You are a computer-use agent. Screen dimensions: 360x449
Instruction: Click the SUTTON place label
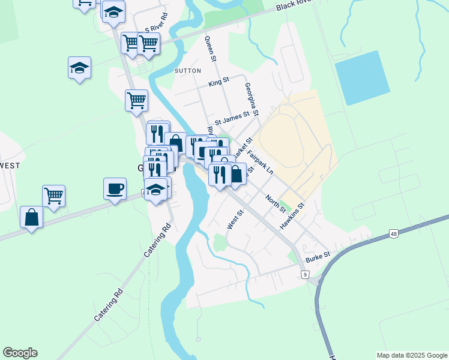click(x=187, y=70)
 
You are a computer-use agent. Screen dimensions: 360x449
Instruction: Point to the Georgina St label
click(x=252, y=99)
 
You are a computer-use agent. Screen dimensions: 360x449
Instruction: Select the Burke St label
click(x=318, y=256)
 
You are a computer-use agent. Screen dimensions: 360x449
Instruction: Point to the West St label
click(x=235, y=219)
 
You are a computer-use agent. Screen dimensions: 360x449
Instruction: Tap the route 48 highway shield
click(x=394, y=233)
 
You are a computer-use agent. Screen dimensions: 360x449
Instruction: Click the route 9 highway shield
click(x=305, y=274)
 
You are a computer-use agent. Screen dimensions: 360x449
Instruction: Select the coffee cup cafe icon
click(x=115, y=188)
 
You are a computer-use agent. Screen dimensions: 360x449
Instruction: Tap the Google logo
click(x=20, y=353)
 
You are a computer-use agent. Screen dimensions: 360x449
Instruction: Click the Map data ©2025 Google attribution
click(x=412, y=355)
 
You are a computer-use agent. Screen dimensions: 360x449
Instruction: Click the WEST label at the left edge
click(x=10, y=165)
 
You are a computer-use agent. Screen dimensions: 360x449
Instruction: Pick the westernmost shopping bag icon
click(x=31, y=217)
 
